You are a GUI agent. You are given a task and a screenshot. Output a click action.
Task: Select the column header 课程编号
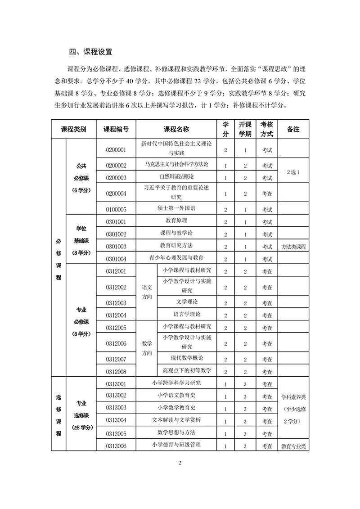point(116,129)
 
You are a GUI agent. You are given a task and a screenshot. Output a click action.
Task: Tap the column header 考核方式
point(267,129)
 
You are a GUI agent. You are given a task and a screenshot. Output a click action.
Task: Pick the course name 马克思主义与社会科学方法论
point(176,165)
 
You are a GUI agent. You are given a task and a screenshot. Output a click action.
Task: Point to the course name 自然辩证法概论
point(176,177)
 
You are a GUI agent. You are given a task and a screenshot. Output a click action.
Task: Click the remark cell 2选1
point(292,171)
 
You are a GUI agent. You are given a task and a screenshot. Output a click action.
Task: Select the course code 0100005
point(116,209)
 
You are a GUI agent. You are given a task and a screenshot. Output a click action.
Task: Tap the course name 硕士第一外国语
point(176,208)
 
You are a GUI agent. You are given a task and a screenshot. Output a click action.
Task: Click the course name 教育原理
point(176,221)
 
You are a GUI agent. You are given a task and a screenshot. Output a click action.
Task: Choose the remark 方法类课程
point(293,247)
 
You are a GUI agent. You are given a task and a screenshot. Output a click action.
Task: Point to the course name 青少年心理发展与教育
point(176,258)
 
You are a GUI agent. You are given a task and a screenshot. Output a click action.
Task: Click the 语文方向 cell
point(147,292)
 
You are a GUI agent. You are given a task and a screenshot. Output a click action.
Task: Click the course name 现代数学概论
point(187,358)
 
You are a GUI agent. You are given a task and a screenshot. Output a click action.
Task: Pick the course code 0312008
point(116,372)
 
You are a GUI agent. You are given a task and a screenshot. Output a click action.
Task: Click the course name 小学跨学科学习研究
point(176,383)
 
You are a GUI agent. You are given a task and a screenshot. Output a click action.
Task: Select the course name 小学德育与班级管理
point(176,445)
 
